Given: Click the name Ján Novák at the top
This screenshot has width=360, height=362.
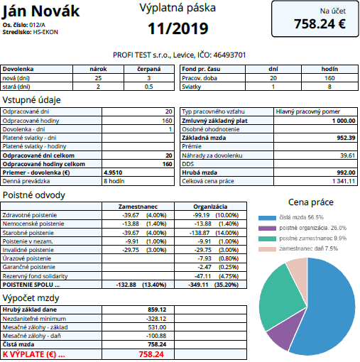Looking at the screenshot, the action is [x=40, y=11].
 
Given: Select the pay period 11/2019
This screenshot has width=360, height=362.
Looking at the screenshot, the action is [x=178, y=28].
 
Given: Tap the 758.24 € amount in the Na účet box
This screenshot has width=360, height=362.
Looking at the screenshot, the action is [x=320, y=24].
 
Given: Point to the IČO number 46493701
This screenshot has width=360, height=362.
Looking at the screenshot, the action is [x=229, y=55].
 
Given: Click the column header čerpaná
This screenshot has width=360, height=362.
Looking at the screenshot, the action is [x=149, y=69].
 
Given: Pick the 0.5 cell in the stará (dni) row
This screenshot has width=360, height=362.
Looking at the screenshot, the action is [x=149, y=87].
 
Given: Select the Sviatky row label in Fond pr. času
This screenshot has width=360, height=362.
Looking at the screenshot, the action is [x=191, y=87].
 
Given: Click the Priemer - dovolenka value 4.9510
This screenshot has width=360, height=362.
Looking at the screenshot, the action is [x=113, y=172].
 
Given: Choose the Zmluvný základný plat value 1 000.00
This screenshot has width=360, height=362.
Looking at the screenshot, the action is [x=344, y=121].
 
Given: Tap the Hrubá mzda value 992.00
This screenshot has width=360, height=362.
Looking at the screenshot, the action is [x=346, y=172].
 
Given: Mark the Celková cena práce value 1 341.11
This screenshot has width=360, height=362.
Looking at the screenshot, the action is [x=344, y=181].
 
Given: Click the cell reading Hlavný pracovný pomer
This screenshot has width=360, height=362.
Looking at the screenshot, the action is [x=307, y=111].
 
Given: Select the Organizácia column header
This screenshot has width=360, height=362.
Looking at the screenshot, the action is [x=210, y=207].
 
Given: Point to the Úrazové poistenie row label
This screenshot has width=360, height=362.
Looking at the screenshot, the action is [x=27, y=258].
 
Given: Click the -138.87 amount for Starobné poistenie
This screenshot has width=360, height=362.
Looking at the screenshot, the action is [x=200, y=233].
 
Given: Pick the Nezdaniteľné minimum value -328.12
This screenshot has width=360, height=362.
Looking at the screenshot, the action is [x=156, y=319].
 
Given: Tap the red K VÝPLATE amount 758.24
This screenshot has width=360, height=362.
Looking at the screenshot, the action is [x=151, y=354].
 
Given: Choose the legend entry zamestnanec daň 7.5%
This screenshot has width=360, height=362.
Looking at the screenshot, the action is [x=298, y=248].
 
